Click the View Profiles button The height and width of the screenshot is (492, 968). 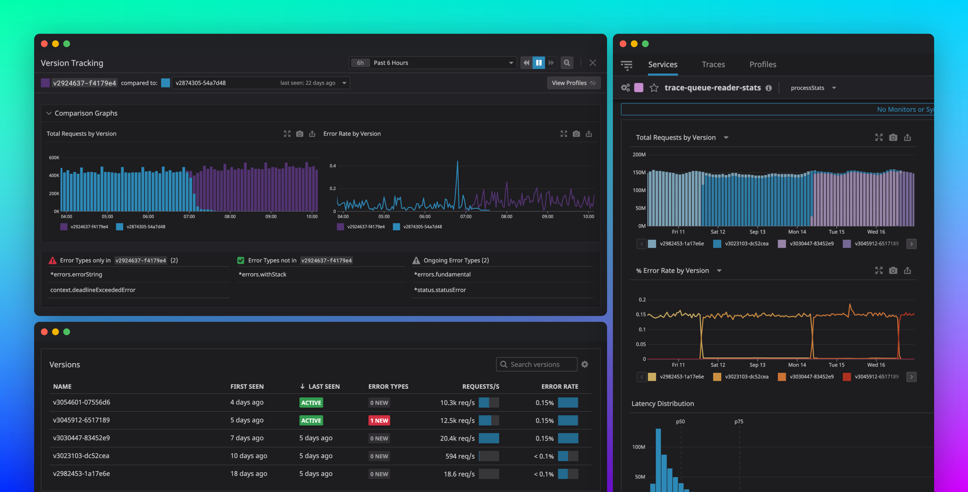point(573,83)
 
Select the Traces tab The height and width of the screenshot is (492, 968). point(713,64)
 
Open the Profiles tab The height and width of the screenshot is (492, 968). point(762,64)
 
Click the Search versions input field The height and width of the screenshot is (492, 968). point(541,364)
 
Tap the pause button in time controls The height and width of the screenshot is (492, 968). point(539,63)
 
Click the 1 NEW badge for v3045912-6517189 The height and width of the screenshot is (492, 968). point(379,420)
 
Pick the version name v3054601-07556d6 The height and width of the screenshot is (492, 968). point(82,402)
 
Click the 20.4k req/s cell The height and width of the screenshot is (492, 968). point(457,438)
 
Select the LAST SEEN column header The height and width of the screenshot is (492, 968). point(324,386)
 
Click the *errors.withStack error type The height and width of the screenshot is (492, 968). point(262,274)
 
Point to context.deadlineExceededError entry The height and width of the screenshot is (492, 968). point(92,290)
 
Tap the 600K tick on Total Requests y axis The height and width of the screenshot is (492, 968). point(54,158)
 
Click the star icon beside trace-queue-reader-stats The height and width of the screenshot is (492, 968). point(654,88)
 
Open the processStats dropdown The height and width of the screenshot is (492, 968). point(813,88)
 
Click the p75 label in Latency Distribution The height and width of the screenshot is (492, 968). point(738,421)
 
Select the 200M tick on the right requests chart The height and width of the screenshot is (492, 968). point(639,154)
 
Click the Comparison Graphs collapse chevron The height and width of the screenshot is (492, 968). point(48,113)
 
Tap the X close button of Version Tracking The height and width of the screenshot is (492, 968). point(592,63)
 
